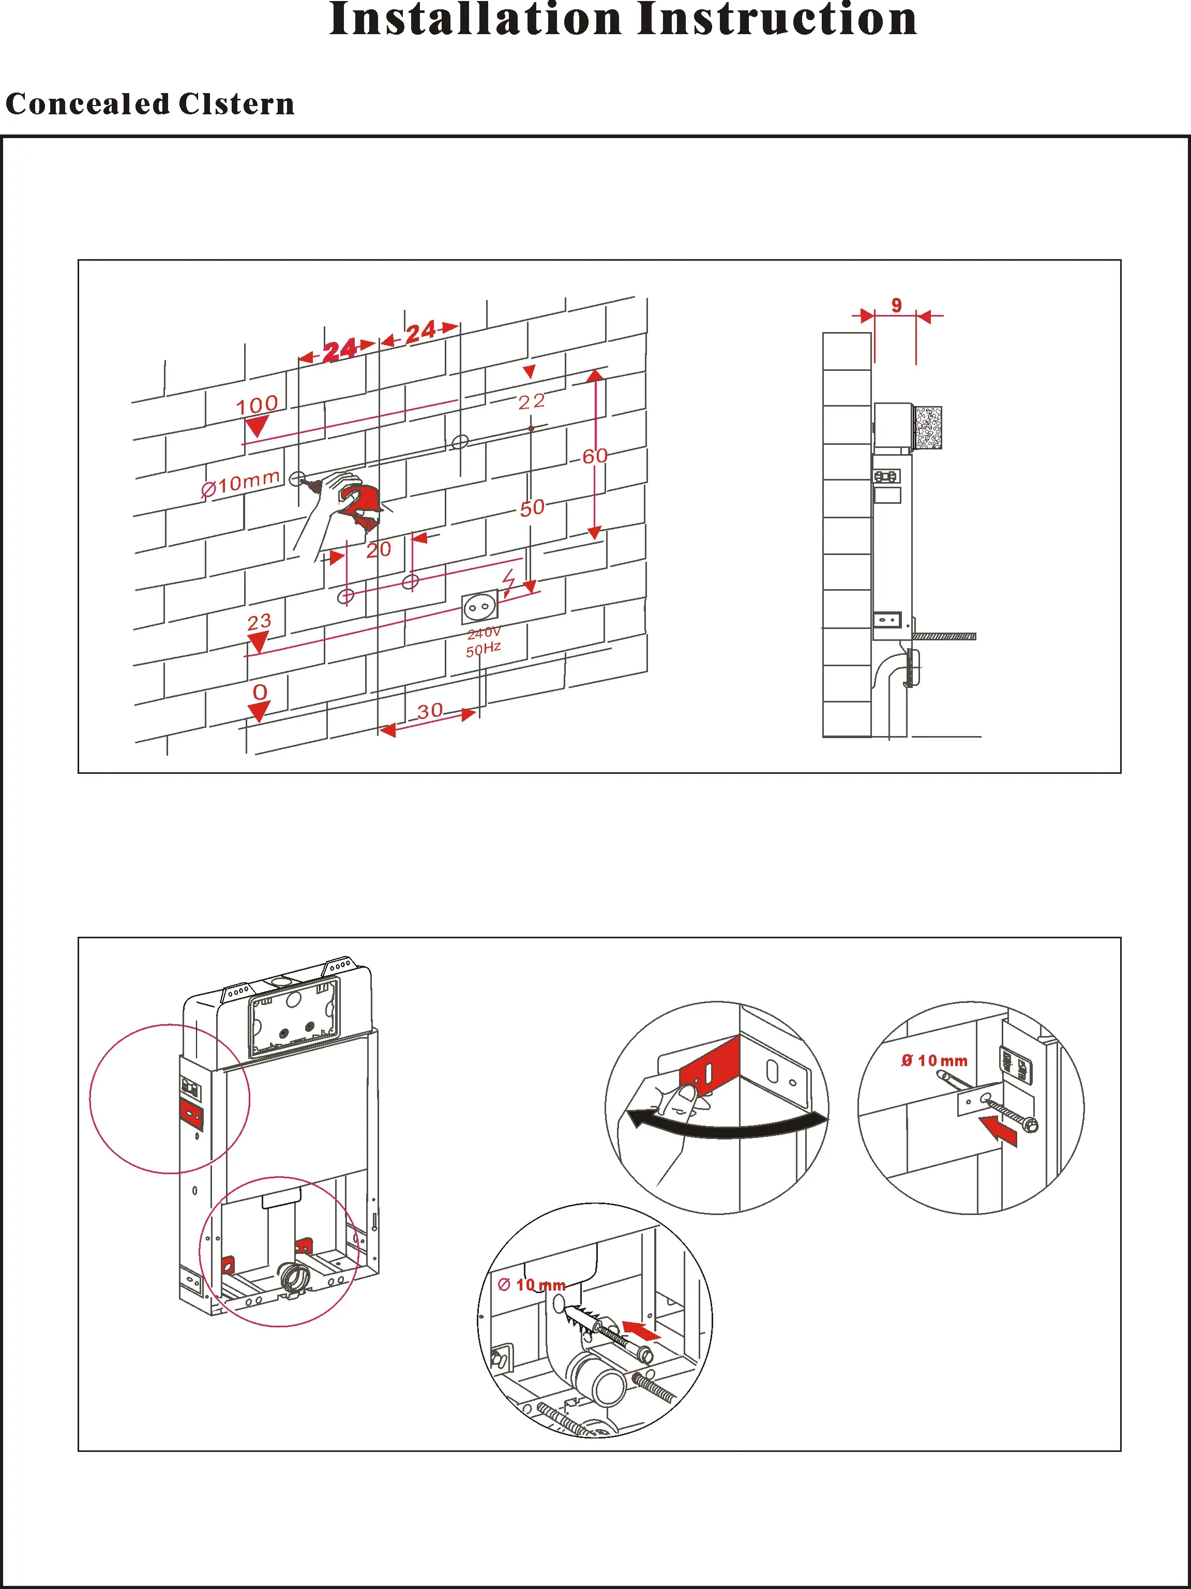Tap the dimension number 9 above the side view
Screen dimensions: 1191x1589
pos(897,305)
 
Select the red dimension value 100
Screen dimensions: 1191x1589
pos(257,404)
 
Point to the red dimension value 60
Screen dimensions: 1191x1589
pos(595,456)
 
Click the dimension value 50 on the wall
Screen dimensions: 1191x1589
pos(532,508)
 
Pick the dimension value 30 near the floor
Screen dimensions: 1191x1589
pos(430,711)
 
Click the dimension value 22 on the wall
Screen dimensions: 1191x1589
pos(532,401)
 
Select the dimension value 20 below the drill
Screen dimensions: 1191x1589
pos(379,550)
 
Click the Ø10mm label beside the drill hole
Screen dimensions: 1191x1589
pos(240,483)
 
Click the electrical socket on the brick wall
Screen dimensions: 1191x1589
pos(478,608)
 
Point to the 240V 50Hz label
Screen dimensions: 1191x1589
pos(484,641)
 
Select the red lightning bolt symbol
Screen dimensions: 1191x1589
pos(508,584)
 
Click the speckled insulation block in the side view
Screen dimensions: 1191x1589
pos(927,428)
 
